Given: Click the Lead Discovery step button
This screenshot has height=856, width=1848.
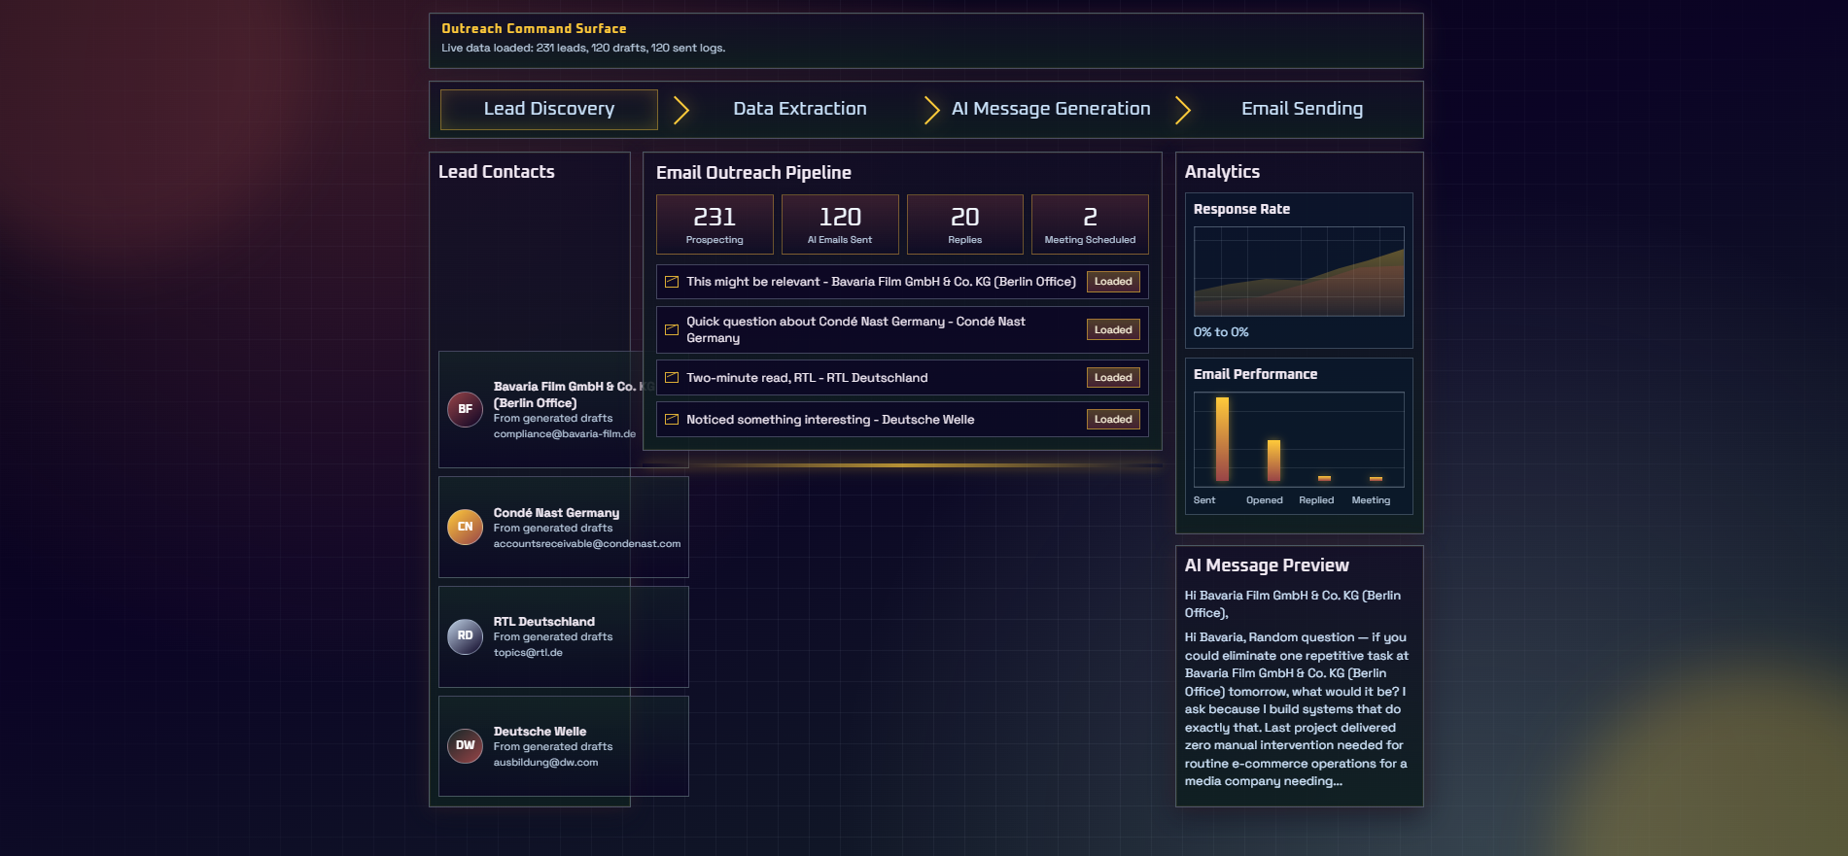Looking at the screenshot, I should (549, 109).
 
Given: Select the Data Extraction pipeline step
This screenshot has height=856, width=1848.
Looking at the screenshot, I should (799, 109).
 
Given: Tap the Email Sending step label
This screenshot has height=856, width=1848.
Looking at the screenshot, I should (1301, 109).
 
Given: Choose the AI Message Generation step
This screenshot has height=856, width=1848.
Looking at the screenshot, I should (1050, 109).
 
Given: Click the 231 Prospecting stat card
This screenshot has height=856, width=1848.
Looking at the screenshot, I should (715, 224).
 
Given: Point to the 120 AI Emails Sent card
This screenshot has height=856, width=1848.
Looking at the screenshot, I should (840, 224).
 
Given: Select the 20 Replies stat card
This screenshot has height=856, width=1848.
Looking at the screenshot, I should (964, 224).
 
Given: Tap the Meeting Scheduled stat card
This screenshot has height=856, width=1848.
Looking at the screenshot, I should (1090, 224).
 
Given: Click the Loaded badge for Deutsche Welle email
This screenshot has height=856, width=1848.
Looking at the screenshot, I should (1113, 420).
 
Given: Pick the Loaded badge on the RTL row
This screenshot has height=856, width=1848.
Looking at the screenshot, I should (1113, 378).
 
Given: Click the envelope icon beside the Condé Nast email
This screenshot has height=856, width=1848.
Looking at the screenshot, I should (672, 329).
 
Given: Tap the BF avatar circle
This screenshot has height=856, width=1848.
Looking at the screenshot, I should (465, 409).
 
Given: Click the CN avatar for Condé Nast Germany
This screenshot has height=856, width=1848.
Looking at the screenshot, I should (465, 527).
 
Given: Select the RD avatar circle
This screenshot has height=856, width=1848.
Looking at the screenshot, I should (465, 635).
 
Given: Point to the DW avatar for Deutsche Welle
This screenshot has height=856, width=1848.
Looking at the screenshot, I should (465, 745).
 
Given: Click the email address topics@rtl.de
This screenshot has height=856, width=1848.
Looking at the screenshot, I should (528, 653).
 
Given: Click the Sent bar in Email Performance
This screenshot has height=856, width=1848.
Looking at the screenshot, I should (1222, 439).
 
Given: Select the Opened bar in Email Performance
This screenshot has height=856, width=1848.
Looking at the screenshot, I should (1273, 461).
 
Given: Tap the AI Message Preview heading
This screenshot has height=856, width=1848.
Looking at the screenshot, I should (1266, 565).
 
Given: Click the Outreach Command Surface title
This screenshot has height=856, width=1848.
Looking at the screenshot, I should (534, 29).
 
